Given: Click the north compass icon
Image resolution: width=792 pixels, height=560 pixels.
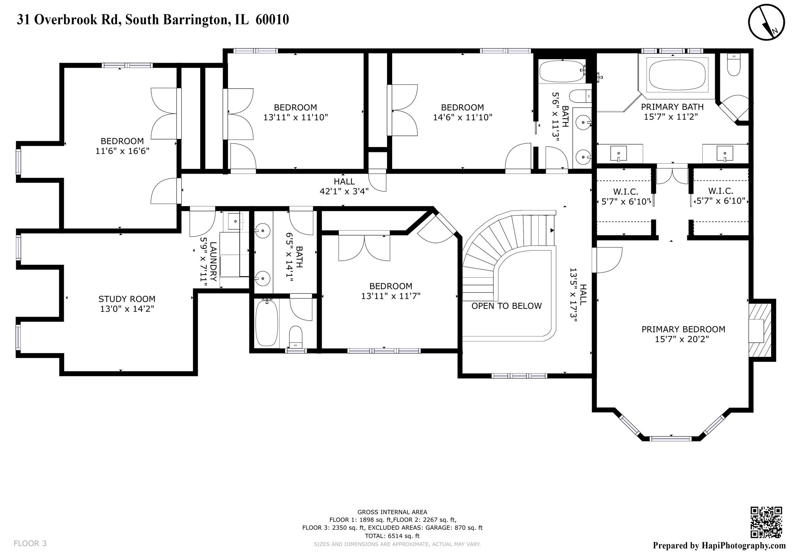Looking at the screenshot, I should pos(766,22).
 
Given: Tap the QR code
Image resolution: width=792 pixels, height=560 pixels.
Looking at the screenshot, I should pos(766,522).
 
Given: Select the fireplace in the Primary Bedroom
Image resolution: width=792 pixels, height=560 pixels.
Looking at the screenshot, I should pos(760,330).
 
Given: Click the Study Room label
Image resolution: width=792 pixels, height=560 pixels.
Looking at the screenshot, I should pos(127,299).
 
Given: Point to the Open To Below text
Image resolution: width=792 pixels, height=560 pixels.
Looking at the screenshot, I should pos(506,306).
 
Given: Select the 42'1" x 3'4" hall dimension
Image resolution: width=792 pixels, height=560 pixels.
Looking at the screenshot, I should pos(344,191).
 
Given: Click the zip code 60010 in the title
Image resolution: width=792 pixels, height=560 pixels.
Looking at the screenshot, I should pos(272,20).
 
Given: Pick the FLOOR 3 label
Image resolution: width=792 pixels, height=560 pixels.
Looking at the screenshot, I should pos(30,543).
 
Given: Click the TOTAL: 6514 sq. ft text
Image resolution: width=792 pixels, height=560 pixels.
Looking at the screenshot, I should pos(392,536).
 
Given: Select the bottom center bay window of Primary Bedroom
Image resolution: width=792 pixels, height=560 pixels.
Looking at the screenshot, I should pos(670,439).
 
